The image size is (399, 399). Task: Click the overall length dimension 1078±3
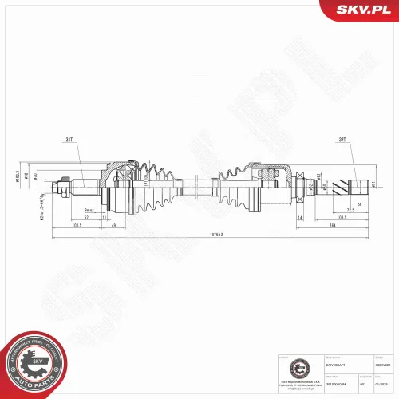coord(211,235)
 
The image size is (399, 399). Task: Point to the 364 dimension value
coord(330,225)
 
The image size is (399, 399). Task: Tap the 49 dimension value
coord(113,225)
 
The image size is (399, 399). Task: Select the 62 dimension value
coord(85,216)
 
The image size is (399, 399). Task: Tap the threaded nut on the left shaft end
coord(58,188)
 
